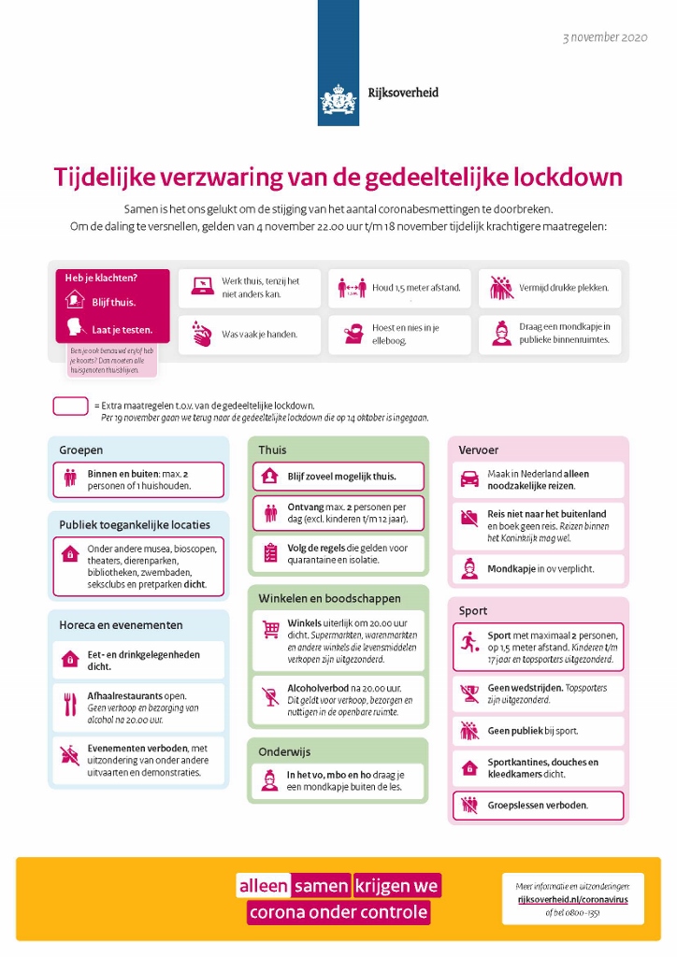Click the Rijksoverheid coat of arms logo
338,97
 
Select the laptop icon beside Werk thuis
202,287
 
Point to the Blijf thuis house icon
75,301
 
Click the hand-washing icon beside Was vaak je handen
202,334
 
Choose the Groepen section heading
80,450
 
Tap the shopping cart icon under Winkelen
270,629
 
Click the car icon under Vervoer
469,479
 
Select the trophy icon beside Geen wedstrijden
469,693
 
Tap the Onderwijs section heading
284,751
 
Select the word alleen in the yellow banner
263,886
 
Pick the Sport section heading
473,611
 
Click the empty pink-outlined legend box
70,407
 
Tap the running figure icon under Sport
469,646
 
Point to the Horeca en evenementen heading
121,624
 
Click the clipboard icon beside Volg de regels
270,553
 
